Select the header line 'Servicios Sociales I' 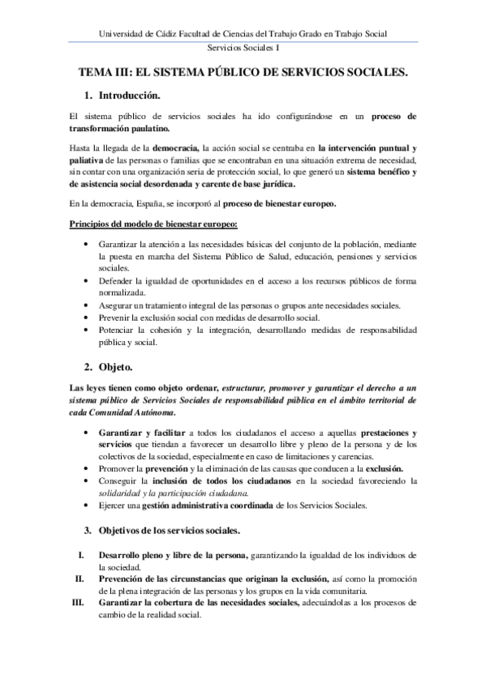(243, 49)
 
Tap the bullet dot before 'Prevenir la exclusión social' (88, 319)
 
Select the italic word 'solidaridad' (120, 493)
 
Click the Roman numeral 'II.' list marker (80, 578)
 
